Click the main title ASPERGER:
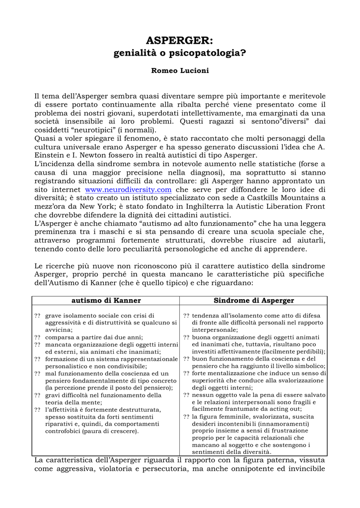[180, 41]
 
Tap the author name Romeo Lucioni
[180, 71]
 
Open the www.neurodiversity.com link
[128, 190]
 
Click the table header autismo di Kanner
[106, 301]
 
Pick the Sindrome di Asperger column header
[254, 301]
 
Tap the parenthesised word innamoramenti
[280, 424]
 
